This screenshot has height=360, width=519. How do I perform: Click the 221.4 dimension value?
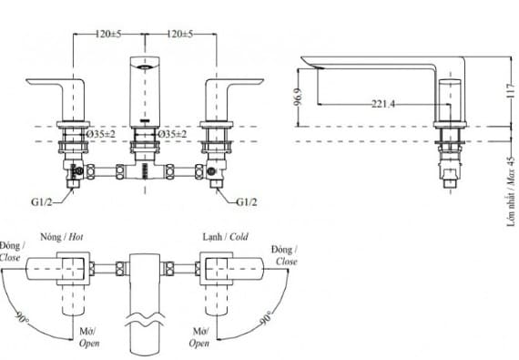pyautogui.click(x=383, y=104)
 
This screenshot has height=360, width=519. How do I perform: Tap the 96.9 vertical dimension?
pyautogui.click(x=298, y=97)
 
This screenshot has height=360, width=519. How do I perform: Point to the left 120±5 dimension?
pyautogui.click(x=108, y=34)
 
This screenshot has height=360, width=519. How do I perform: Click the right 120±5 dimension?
pyautogui.click(x=179, y=34)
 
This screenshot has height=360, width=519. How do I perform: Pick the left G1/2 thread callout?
pyautogui.click(x=42, y=202)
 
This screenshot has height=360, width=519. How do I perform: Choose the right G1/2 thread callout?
pyautogui.click(x=247, y=202)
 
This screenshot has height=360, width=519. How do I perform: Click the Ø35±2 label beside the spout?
pyautogui.click(x=172, y=134)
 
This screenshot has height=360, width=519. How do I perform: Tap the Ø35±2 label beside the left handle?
pyautogui.click(x=101, y=134)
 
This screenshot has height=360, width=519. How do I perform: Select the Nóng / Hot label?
pyautogui.click(x=62, y=237)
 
